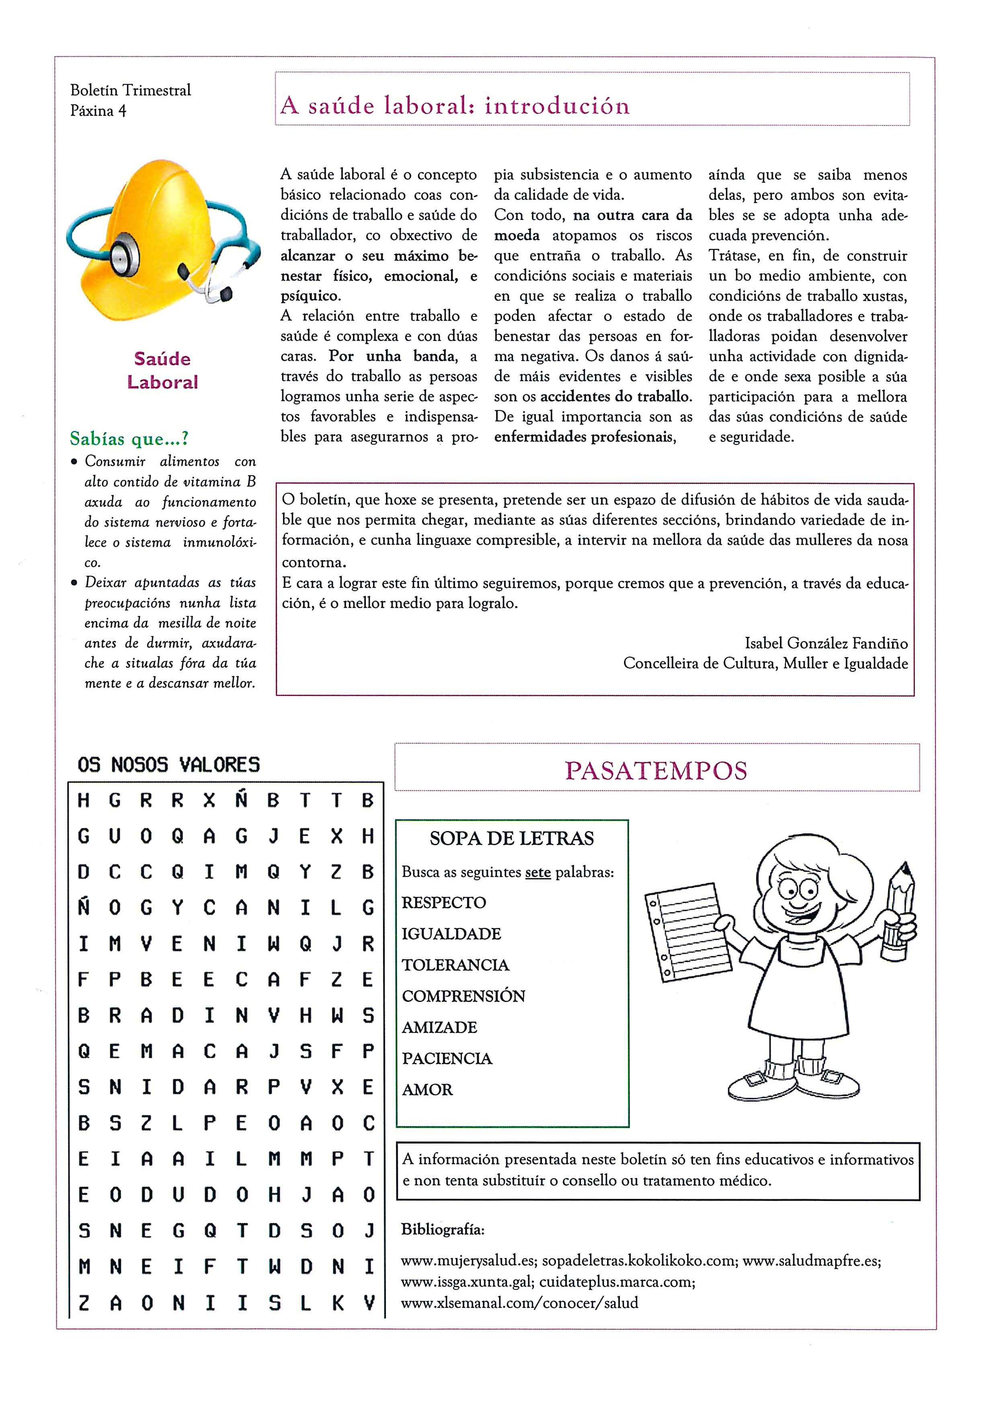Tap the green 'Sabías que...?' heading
[x=129, y=439]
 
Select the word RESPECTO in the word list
[x=443, y=902]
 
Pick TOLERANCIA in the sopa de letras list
[x=455, y=965]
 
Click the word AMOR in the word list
[x=427, y=1090]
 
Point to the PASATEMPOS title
[x=656, y=770]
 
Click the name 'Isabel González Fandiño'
[x=826, y=643]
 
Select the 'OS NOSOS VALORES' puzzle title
[x=169, y=765]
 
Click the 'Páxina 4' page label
[x=98, y=111]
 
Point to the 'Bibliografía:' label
[x=443, y=1229]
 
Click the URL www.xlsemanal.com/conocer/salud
[x=519, y=1303]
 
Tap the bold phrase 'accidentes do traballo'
[x=616, y=397]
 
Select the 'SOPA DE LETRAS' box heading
[x=511, y=838]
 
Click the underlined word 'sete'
[x=538, y=872]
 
